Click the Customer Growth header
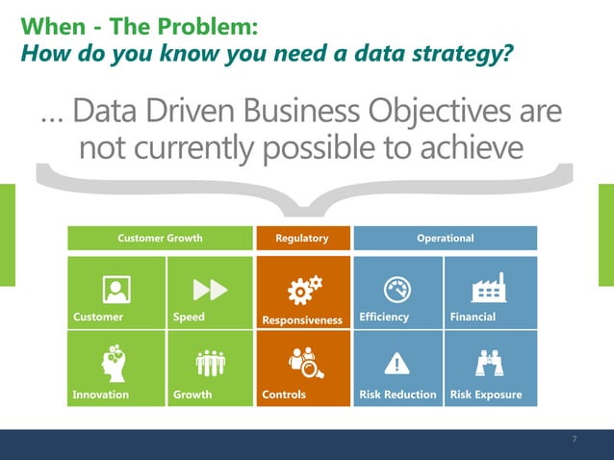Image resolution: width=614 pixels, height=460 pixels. pyautogui.click(x=160, y=238)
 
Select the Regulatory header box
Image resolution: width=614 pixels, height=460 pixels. pyautogui.click(x=302, y=238)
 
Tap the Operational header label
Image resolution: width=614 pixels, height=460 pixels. pyautogui.click(x=445, y=238)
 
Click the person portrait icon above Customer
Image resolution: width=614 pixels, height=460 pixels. pyautogui.click(x=116, y=288)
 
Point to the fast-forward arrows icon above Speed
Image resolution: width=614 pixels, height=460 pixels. pyautogui.click(x=209, y=289)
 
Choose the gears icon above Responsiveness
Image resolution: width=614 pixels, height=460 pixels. pyautogui.click(x=306, y=289)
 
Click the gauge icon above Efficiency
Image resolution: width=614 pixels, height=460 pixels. pyautogui.click(x=397, y=288)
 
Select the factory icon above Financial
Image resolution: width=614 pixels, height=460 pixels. pyautogui.click(x=489, y=287)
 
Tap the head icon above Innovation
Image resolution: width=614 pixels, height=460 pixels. pyautogui.click(x=114, y=362)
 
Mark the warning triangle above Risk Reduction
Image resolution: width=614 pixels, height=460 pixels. pyautogui.click(x=397, y=363)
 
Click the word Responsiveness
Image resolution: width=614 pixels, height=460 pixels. pyautogui.click(x=302, y=319)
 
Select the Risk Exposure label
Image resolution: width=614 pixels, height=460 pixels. pyautogui.click(x=485, y=395)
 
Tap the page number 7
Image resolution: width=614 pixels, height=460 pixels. pyautogui.click(x=574, y=440)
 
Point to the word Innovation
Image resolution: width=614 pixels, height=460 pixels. pyautogui.click(x=100, y=395)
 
